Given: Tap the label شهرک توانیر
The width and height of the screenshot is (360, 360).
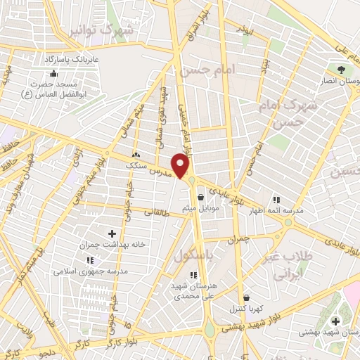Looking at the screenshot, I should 106,30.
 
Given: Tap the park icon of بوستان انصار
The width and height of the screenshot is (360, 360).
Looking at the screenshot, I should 341,70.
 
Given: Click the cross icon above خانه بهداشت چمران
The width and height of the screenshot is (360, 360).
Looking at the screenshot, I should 111,233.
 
